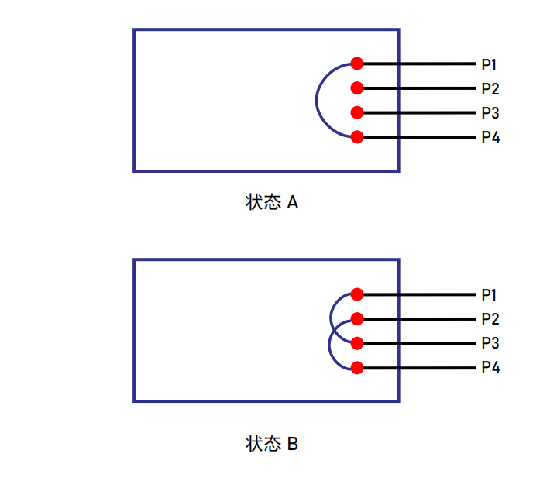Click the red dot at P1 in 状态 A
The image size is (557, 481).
coord(357,64)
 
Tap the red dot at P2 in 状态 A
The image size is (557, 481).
coord(357,88)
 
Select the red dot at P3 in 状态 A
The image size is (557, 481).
coord(357,112)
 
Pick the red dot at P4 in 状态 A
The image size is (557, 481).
coord(357,137)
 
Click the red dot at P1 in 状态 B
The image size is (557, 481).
coord(357,294)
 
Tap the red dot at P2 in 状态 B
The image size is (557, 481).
coord(357,318)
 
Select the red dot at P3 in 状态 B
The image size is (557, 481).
coord(357,343)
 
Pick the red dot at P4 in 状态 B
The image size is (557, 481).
coord(357,368)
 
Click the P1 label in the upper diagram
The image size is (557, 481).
coord(489,64)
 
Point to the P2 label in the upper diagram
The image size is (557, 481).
coord(490,89)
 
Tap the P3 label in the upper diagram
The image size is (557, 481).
coord(490,113)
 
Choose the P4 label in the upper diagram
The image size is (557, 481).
coord(490,137)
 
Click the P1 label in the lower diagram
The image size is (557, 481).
coord(489,295)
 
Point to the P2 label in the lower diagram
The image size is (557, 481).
coord(490,319)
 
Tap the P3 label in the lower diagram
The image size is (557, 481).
coord(490,343)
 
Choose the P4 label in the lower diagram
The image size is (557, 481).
coord(490,367)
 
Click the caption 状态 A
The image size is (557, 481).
coord(272,202)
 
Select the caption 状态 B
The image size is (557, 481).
coord(272,444)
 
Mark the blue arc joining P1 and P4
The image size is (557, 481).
coord(316,100)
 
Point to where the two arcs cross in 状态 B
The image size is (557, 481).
coord(334,331)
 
